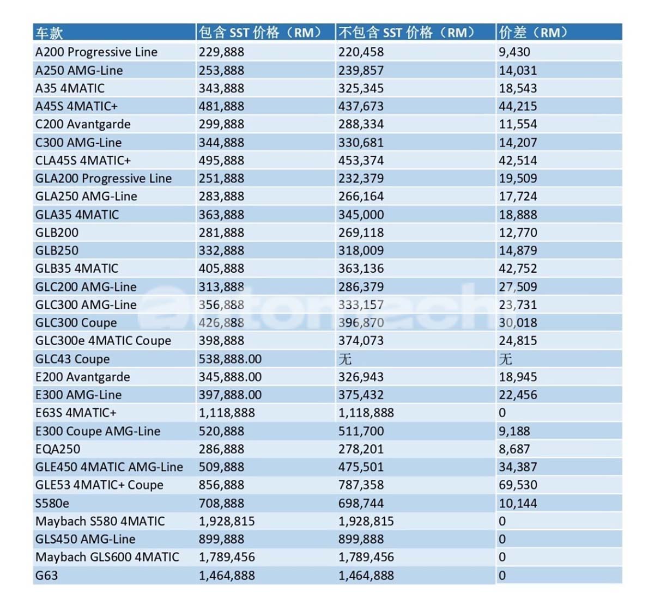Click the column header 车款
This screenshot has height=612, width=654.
(49, 33)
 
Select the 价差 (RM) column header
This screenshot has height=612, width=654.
(533, 33)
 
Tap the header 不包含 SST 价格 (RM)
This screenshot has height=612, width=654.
(406, 33)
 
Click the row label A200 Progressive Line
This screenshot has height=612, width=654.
(96, 52)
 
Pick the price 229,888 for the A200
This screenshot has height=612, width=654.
(221, 52)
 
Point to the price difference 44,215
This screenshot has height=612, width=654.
(518, 106)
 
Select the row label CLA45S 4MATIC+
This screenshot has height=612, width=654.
(83, 161)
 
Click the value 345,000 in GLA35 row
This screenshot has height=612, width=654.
(361, 215)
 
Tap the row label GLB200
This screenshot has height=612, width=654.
(57, 232)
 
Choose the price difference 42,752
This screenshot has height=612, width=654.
(518, 268)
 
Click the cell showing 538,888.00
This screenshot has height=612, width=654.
(230, 359)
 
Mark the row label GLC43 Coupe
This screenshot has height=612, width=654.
(72, 359)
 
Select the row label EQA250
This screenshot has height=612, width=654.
(58, 449)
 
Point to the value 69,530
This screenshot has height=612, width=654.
(518, 485)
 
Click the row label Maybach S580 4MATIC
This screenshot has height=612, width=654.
(100, 521)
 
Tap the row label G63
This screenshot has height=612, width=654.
(46, 575)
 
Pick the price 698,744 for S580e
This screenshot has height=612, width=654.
(361, 503)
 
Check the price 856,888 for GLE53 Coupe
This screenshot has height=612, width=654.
(221, 485)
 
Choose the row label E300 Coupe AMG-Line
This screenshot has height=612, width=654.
(98, 431)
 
